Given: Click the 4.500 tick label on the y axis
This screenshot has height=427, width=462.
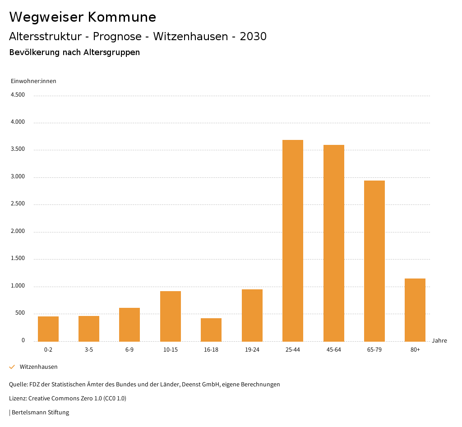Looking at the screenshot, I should tap(18, 95).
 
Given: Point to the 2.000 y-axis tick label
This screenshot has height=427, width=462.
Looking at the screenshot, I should tap(18, 231).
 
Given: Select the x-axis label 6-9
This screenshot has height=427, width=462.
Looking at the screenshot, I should tap(129, 350).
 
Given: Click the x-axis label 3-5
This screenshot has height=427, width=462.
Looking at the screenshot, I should tap(89, 350).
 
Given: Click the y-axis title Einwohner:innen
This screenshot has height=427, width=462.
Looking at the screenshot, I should tap(33, 81).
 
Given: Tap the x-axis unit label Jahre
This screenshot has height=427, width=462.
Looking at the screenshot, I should tap(439, 341).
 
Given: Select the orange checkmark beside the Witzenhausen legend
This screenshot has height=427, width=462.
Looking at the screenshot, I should tap(12, 367).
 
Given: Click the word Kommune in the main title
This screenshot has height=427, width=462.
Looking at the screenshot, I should tap(122, 17).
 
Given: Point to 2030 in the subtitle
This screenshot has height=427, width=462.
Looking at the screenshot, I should tap(253, 37).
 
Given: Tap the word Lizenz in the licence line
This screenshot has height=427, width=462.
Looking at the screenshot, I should tap(18, 399).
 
